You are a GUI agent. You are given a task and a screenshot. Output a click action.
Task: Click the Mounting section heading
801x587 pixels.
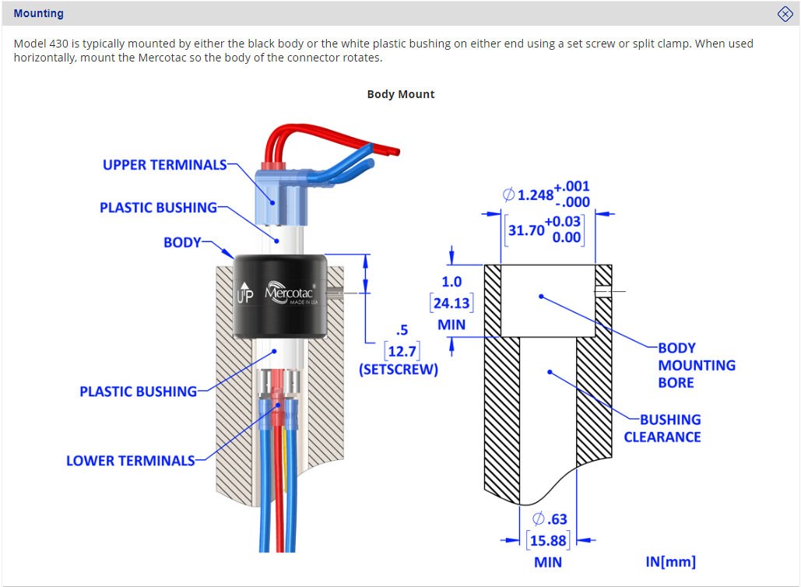(39, 13)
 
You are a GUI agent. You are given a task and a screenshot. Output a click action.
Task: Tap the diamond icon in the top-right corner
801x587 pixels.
(785, 13)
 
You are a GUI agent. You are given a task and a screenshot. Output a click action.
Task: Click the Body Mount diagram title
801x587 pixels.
(401, 94)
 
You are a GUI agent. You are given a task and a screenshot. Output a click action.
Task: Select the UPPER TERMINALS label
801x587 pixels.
(164, 165)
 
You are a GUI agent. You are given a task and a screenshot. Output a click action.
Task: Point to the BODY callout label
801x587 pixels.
(182, 242)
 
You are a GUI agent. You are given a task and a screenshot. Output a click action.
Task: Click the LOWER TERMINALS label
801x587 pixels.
(130, 461)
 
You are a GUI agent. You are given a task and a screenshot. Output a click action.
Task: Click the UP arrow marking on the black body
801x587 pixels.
(245, 293)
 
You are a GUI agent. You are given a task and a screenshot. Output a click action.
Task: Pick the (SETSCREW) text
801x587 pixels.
(398, 370)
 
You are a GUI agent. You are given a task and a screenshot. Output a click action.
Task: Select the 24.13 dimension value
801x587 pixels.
(451, 303)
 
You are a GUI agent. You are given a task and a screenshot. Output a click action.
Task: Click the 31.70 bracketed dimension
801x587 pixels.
(526, 230)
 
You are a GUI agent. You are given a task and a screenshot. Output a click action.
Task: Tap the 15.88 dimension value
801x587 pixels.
(548, 540)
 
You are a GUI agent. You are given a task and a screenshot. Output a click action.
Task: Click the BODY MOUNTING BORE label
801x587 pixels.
(696, 365)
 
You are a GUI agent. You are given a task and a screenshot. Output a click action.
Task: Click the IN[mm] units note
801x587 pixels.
(670, 561)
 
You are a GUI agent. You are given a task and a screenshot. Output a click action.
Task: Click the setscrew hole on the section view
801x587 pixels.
(604, 292)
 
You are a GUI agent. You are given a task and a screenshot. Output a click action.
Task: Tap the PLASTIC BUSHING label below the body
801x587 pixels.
(138, 391)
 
